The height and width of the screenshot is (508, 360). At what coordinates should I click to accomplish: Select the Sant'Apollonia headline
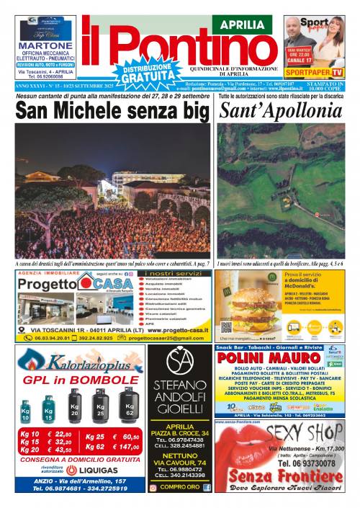pos(280,112)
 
